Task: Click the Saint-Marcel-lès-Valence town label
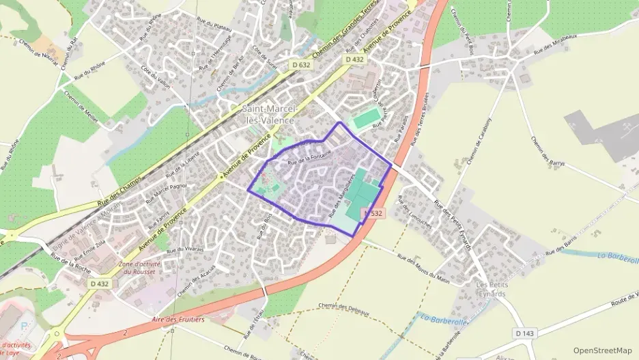[x=268, y=114]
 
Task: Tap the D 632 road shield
[x=300, y=65]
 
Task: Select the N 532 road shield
[x=373, y=213]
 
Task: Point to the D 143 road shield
[x=524, y=333]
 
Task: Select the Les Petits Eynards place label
[x=491, y=289]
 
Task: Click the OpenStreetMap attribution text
[x=603, y=350]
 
